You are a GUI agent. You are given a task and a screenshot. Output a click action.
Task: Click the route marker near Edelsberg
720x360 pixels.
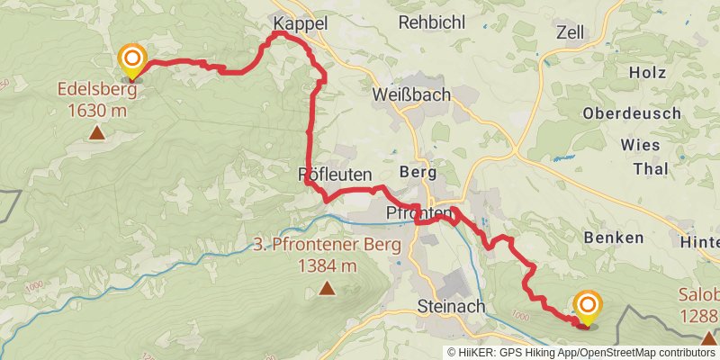[x=132, y=61]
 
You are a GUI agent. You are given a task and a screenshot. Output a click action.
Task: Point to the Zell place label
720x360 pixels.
[x=571, y=32]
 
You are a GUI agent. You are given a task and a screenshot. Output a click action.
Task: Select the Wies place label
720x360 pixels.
[x=640, y=145]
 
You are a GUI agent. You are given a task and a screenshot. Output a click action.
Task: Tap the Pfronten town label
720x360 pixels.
[x=418, y=213]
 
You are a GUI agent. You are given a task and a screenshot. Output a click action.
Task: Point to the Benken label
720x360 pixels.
[x=614, y=238]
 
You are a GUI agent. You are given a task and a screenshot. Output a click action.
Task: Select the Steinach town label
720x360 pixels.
[x=452, y=306]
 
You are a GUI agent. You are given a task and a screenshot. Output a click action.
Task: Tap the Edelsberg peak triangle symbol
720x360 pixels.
[x=96, y=134]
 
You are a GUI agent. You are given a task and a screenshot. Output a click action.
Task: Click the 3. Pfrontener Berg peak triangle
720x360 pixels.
[x=326, y=289]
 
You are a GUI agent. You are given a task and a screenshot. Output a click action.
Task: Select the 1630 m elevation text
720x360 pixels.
[x=96, y=111]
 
